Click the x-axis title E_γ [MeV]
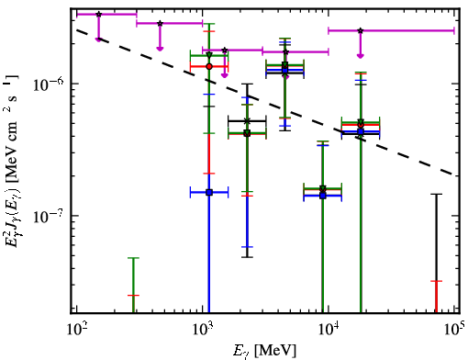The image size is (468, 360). point(264,351)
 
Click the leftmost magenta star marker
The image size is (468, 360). point(98,14)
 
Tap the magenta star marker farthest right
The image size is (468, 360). point(361,30)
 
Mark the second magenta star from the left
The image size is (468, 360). point(160,23)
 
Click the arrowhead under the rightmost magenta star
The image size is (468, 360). point(361,56)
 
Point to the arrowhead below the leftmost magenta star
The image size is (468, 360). point(98,39)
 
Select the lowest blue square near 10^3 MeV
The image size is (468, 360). point(209,193)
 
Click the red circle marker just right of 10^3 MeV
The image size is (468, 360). point(209,66)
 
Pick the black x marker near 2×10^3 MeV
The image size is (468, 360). point(247,121)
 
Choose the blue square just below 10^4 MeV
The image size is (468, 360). point(323,196)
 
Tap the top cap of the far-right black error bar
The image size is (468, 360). point(437,194)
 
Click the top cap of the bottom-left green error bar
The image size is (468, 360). point(133,258)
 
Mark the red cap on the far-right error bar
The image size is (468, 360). point(437,281)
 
